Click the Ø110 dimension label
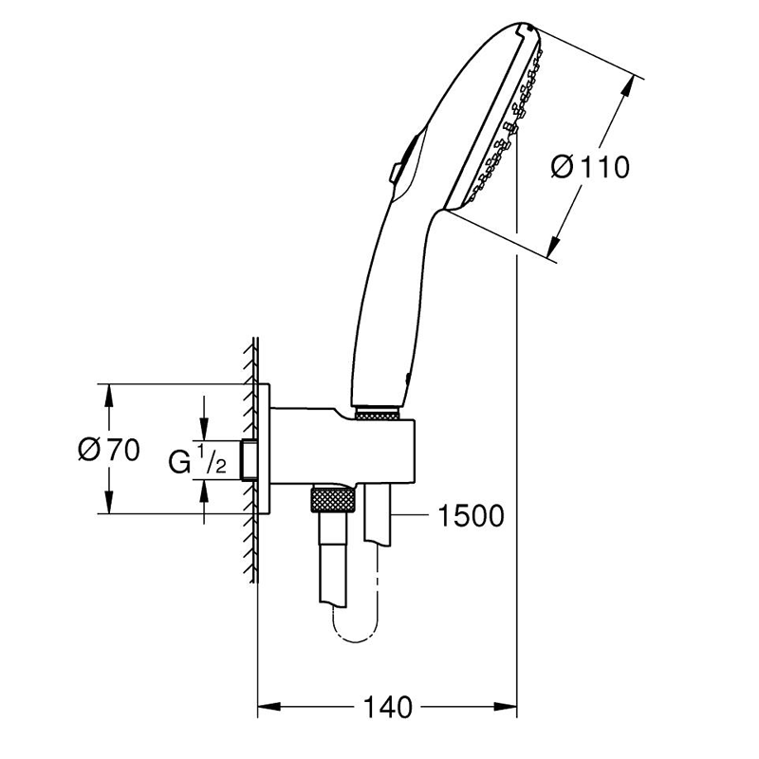tap(590, 167)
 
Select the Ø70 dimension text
tap(109, 449)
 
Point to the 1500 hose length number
tap(471, 515)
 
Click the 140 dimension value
tap(387, 707)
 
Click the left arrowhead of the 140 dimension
tap(269, 707)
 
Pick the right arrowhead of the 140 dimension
tap(506, 707)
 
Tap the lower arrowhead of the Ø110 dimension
tap(554, 247)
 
